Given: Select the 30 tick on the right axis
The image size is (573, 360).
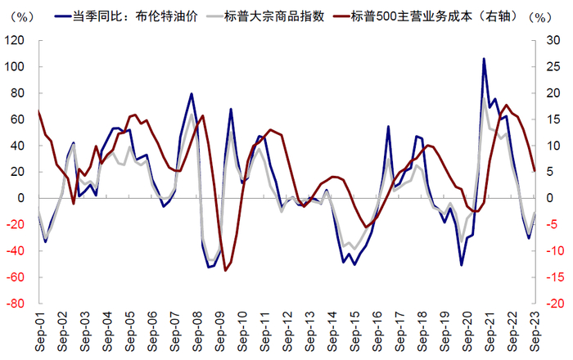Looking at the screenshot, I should pos(550,40).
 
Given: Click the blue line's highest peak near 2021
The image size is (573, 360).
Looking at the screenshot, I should pos(484,59).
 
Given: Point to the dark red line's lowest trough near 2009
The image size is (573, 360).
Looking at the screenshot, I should pos(225,270).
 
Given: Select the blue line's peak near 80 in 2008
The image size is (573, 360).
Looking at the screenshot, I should pos(192,94).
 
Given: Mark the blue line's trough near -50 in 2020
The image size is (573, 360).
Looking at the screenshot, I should pos(462,264).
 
